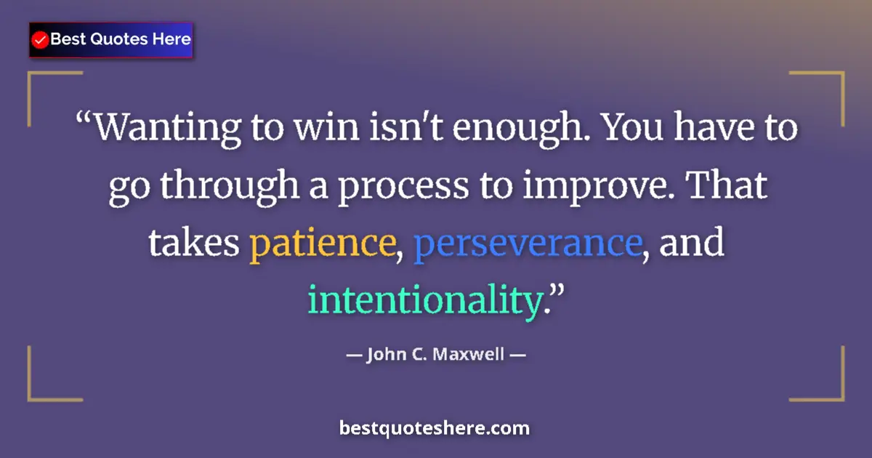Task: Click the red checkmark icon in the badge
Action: coord(41,40)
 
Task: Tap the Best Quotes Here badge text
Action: coord(121,39)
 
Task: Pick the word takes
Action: coord(194,244)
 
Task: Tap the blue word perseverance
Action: coord(528,244)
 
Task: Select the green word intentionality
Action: coord(426,300)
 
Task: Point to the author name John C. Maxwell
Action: coord(436,355)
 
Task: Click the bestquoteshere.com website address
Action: coord(435,428)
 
